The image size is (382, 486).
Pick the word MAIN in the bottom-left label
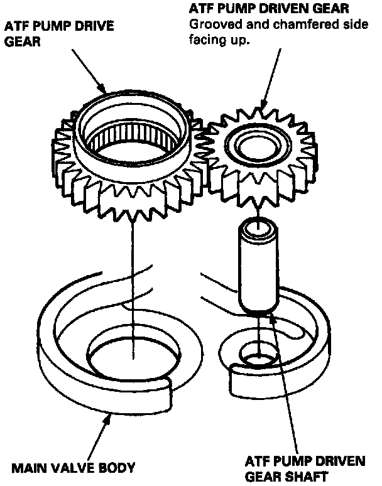click(30, 468)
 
